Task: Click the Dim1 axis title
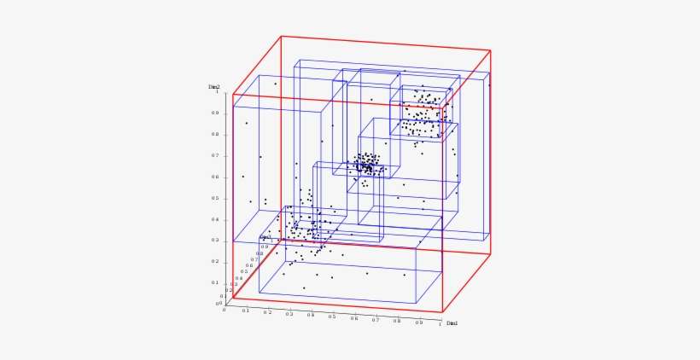click(x=452, y=323)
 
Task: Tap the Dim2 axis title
click(x=214, y=87)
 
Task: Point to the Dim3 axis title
click(x=265, y=238)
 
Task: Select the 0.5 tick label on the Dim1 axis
click(x=332, y=316)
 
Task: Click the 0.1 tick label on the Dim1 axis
click(x=246, y=311)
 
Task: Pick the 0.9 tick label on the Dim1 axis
click(x=418, y=322)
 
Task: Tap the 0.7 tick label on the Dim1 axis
click(x=376, y=320)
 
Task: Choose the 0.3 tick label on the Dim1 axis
click(x=289, y=314)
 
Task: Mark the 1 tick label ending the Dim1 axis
click(x=440, y=324)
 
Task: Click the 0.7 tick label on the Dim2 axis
click(x=215, y=156)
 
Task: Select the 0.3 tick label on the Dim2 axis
click(x=215, y=241)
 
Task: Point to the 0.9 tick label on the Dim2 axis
click(x=215, y=113)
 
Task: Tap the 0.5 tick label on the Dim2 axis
click(x=215, y=199)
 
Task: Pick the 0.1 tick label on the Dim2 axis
click(x=215, y=282)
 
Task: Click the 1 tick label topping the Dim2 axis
click(x=217, y=92)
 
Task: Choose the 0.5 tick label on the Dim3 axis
click(x=244, y=272)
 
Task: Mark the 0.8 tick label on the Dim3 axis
click(x=260, y=253)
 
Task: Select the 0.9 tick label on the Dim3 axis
click(x=265, y=247)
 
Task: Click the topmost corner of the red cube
click(x=281, y=36)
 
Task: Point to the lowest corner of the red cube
click(x=442, y=313)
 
